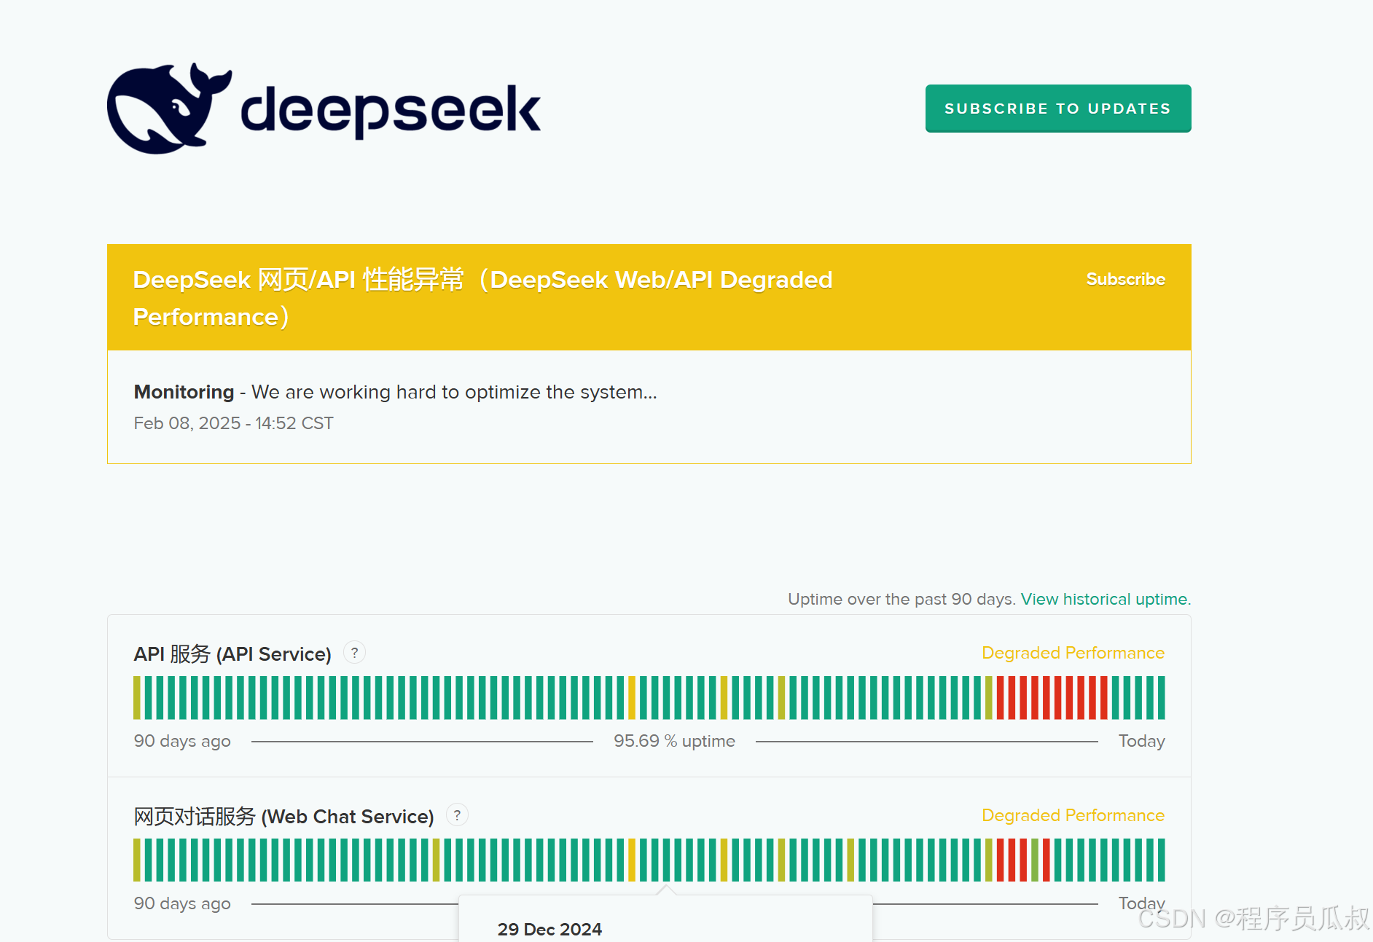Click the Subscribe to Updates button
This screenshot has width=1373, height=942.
click(1058, 109)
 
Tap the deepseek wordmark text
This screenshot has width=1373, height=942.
click(391, 110)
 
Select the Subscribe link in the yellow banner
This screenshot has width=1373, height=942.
click(1126, 279)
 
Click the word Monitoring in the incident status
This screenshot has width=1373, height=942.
click(184, 392)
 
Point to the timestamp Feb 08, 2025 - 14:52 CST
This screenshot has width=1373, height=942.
click(233, 423)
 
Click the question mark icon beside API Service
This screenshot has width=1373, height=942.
click(354, 653)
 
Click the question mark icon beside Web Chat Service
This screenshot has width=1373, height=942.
click(457, 815)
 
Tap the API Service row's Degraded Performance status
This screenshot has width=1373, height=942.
click(1073, 653)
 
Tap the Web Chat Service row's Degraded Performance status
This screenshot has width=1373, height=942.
click(1073, 815)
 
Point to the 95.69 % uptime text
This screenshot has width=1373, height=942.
click(674, 741)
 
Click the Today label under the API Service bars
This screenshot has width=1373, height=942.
click(1141, 741)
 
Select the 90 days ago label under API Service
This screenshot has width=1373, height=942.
click(182, 741)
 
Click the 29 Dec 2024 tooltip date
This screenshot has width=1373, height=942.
click(549, 929)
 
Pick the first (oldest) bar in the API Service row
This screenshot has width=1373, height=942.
click(137, 698)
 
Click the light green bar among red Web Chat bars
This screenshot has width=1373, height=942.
click(1035, 860)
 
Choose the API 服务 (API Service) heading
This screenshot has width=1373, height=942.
click(232, 653)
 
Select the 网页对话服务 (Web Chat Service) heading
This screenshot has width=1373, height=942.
click(283, 816)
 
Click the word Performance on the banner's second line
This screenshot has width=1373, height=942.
click(206, 317)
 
